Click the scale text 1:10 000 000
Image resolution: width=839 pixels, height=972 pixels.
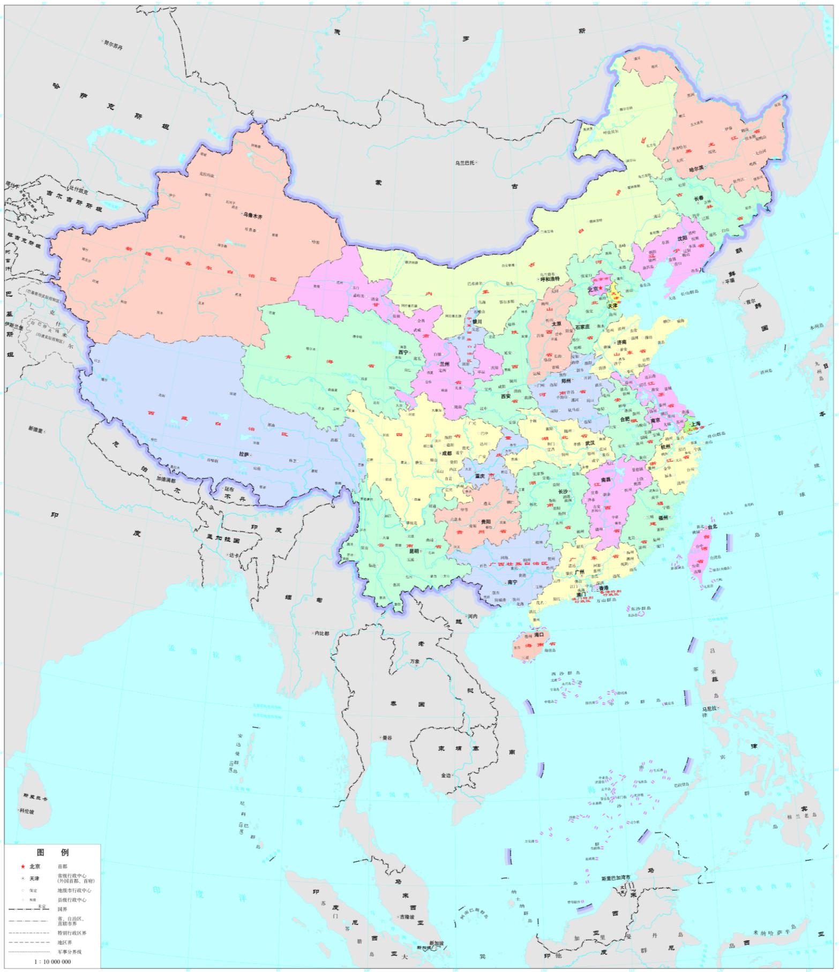(52, 961)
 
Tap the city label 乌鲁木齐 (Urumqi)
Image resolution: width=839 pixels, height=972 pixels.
(253, 217)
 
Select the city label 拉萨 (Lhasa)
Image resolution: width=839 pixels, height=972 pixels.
(244, 454)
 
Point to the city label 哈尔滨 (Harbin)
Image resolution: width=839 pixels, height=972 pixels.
(696, 168)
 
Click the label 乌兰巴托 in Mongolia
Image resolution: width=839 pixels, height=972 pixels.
(465, 163)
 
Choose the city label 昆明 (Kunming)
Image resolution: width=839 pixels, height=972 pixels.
(414, 551)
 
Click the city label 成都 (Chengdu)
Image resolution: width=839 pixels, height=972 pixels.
(446, 453)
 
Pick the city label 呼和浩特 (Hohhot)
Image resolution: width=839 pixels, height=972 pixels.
(549, 279)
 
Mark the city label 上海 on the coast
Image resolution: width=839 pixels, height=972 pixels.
(695, 424)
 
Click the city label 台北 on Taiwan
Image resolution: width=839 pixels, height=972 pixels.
(711, 527)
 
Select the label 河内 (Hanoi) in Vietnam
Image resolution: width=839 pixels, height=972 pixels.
(473, 616)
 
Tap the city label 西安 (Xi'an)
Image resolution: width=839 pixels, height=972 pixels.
(505, 396)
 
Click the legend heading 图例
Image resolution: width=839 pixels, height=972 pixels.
(53, 852)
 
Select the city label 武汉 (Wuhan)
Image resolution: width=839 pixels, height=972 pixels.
(590, 443)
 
